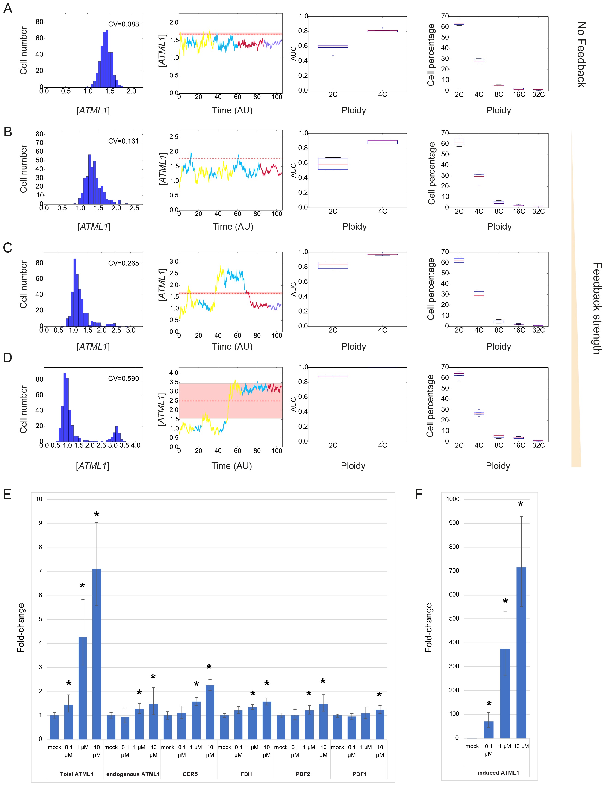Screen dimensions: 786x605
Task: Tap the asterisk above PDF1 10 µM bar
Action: coord(379,695)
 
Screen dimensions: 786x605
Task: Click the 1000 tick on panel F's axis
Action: coord(453,499)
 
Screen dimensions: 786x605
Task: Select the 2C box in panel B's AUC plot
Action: coord(333,164)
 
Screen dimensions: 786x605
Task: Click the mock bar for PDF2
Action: coord(281,727)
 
